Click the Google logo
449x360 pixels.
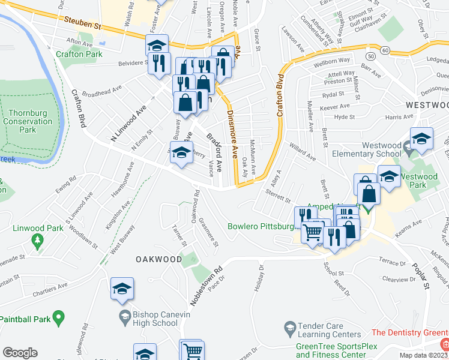[x=20, y=353]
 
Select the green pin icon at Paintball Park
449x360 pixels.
[x=58, y=317]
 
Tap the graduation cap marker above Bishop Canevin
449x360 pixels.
[x=122, y=289]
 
